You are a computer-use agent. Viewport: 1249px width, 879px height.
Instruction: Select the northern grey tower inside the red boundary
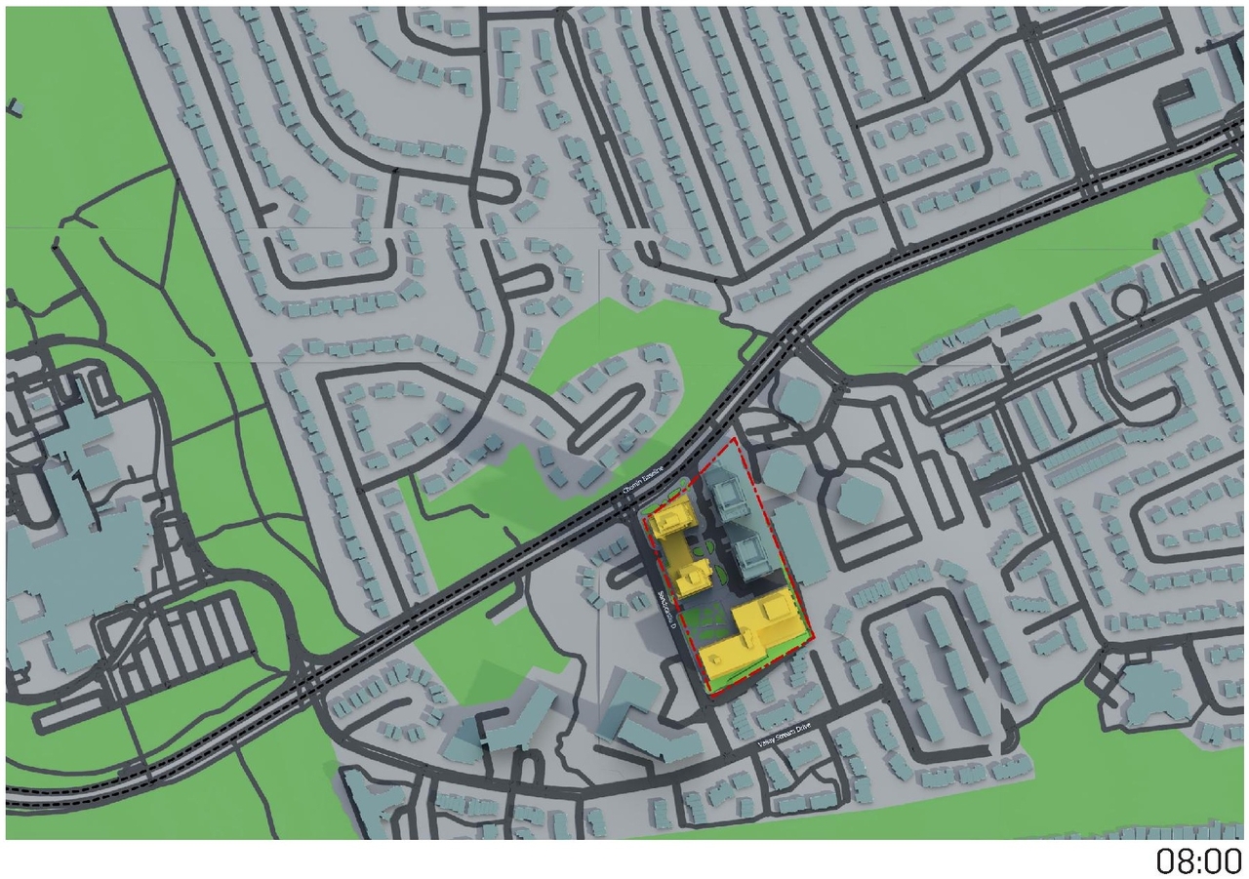(x=728, y=493)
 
